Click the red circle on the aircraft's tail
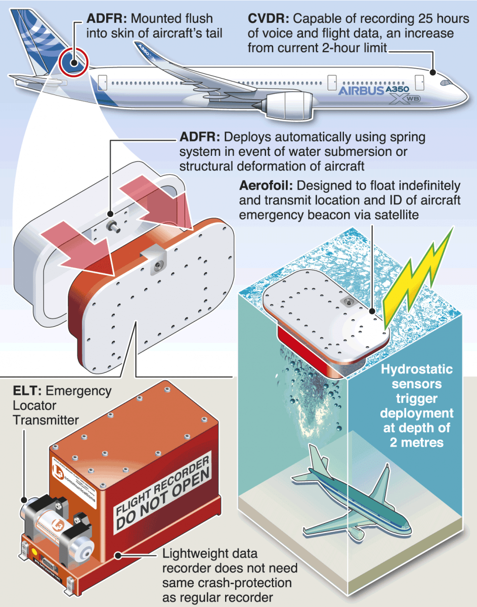tap(74, 63)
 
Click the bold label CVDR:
tap(268, 19)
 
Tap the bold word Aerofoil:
tap(269, 186)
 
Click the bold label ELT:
tap(26, 391)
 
